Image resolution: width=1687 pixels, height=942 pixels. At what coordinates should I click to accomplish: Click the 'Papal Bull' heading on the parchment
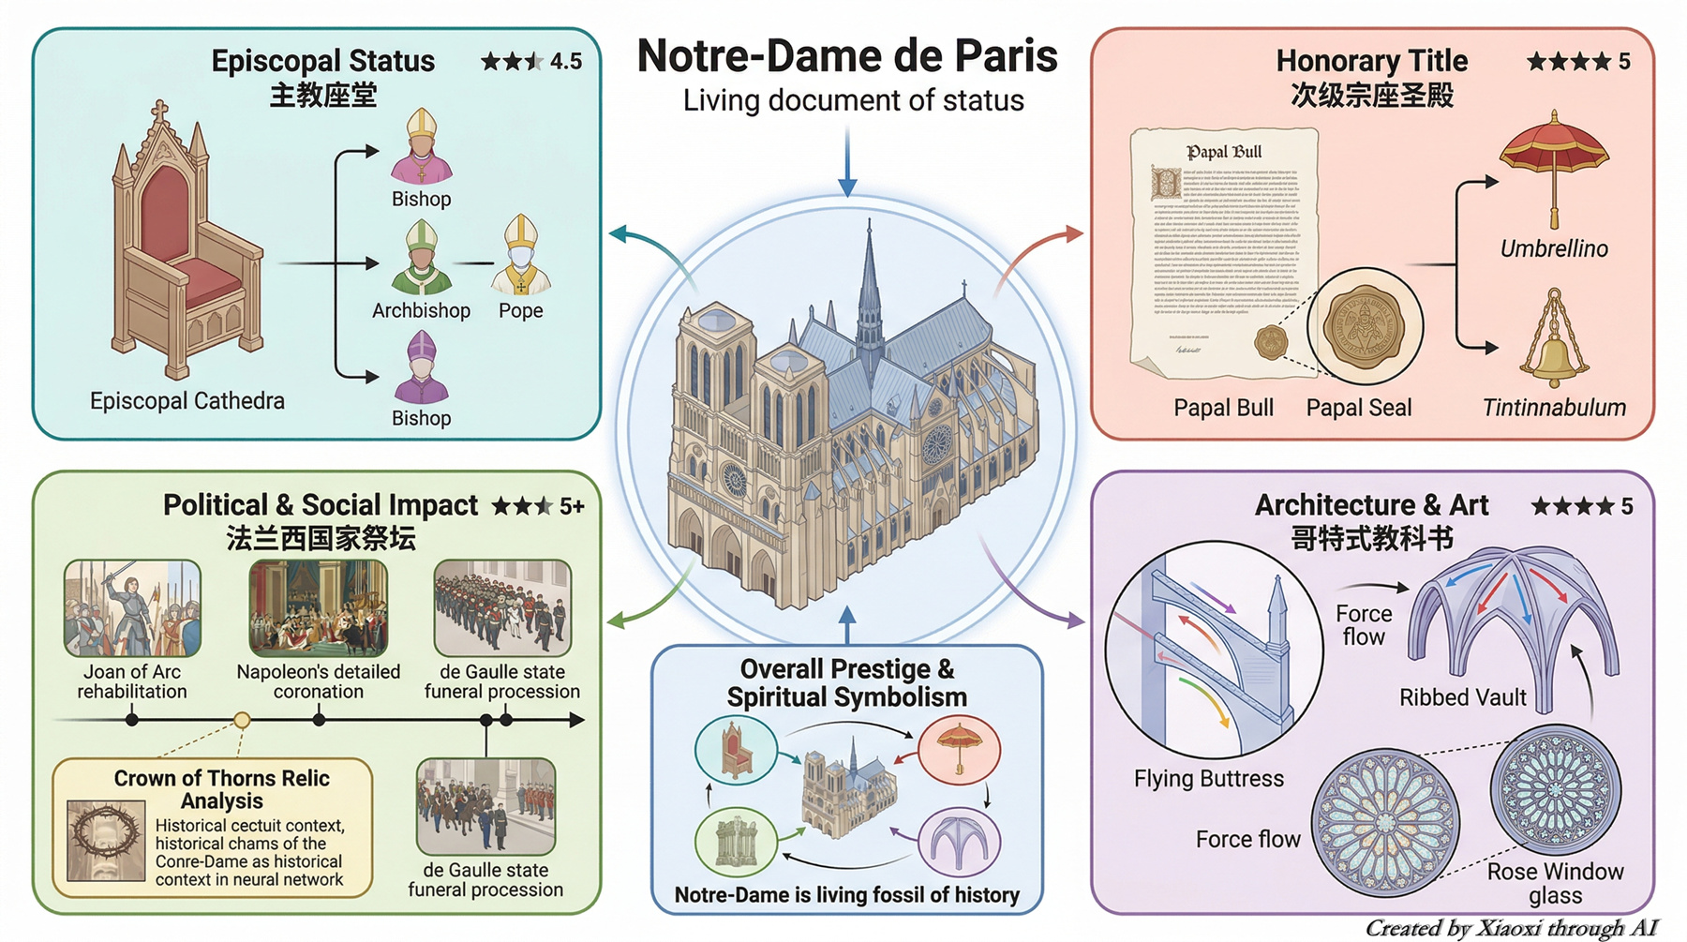click(x=1224, y=152)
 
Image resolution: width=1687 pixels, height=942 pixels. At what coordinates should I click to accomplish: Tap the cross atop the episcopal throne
click(x=160, y=111)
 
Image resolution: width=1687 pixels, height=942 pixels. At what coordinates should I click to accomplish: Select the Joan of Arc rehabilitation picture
click(x=132, y=608)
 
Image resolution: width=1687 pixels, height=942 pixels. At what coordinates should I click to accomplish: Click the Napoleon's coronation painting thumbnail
click(x=319, y=608)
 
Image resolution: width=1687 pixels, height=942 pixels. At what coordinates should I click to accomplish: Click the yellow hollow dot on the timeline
click(x=242, y=720)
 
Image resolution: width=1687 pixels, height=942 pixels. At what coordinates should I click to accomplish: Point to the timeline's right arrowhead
click(x=577, y=720)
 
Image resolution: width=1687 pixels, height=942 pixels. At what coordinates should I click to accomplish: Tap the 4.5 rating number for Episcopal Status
click(x=565, y=62)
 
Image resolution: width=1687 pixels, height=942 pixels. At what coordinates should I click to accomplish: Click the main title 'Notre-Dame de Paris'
click(x=847, y=56)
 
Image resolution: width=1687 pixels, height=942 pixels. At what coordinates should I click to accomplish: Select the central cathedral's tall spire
click(x=870, y=272)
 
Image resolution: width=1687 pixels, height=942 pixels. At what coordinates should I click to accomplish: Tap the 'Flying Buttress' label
click(x=1208, y=779)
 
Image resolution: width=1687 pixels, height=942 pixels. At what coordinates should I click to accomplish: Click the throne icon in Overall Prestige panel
click(x=736, y=750)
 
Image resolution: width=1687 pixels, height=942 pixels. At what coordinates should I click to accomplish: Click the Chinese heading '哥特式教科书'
click(x=1371, y=539)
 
